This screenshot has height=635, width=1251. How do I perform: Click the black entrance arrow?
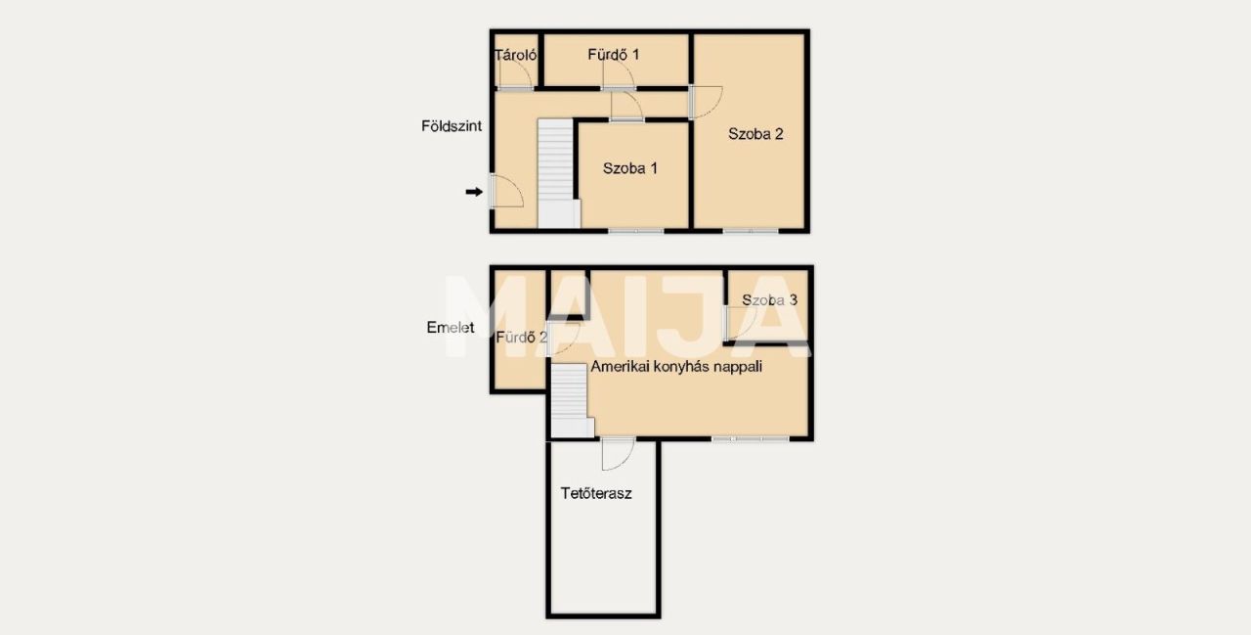474,192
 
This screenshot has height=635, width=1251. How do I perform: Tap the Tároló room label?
515,55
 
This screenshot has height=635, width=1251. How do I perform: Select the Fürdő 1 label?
613,54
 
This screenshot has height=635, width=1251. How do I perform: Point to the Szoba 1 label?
630,168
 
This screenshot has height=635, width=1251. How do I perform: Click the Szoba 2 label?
755,134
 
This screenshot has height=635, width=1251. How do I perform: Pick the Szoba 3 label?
769,300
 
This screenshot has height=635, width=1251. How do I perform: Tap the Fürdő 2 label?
522,337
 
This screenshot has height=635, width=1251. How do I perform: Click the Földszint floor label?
452,126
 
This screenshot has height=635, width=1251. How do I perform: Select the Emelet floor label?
451,327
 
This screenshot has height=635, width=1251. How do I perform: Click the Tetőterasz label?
596,493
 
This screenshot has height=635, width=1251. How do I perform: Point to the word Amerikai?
614,366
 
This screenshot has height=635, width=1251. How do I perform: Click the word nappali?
737,367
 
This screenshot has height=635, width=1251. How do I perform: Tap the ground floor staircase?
557,173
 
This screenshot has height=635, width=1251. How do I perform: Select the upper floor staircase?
571,401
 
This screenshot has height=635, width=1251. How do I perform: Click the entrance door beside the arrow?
506,191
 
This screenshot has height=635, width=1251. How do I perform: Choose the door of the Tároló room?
515,72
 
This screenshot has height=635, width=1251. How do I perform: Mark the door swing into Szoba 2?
706,102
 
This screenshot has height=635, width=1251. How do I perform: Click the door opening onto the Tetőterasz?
619,453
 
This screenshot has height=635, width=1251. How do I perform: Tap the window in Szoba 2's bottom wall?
750,230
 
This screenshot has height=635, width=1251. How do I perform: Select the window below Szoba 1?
636,230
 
